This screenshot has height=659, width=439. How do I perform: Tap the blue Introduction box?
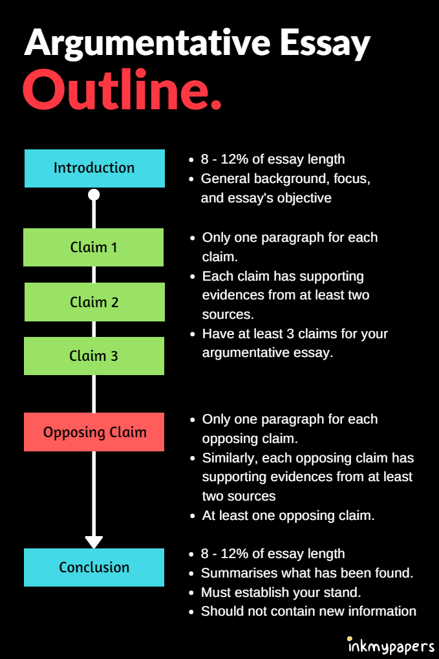pyautogui.click(x=94, y=168)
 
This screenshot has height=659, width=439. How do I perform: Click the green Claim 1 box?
pyautogui.click(x=94, y=247)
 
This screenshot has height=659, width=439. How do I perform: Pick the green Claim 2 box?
pyautogui.click(x=94, y=302)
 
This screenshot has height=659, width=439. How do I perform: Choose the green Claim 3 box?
pyautogui.click(x=94, y=356)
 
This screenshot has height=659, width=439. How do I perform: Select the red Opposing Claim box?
pyautogui.click(x=94, y=432)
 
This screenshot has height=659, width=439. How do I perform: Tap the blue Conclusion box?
pyautogui.click(x=94, y=567)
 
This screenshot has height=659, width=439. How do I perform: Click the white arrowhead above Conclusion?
pyautogui.click(x=94, y=541)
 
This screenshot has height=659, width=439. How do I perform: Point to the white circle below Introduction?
pyautogui.click(x=94, y=195)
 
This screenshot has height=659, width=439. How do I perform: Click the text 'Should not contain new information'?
pyautogui.click(x=308, y=611)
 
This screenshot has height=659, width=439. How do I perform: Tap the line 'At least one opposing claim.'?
pyautogui.click(x=288, y=515)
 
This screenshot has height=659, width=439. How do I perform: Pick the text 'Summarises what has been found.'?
pyautogui.click(x=306, y=573)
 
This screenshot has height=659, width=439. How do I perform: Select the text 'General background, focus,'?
pyautogui.click(x=285, y=178)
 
